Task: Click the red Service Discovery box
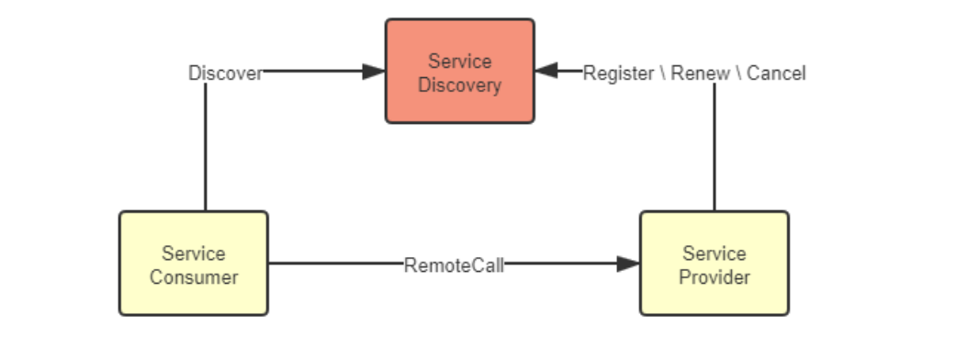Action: click(459, 72)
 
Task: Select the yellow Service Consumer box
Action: click(194, 264)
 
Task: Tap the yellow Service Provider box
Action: click(714, 264)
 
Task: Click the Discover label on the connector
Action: click(225, 73)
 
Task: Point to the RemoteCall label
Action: click(454, 265)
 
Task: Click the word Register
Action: click(619, 73)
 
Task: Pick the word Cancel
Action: click(776, 73)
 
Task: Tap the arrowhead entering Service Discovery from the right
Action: click(546, 72)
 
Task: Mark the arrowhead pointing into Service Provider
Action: click(628, 264)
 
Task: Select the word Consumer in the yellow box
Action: click(194, 276)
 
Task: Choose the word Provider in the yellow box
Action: click(715, 276)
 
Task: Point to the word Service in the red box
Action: click(460, 62)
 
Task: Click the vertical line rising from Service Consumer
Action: click(205, 147)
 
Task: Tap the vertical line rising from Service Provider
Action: click(715, 147)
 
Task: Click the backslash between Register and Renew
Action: click(663, 73)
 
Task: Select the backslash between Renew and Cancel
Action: click(737, 73)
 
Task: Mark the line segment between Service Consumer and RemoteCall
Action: click(335, 264)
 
